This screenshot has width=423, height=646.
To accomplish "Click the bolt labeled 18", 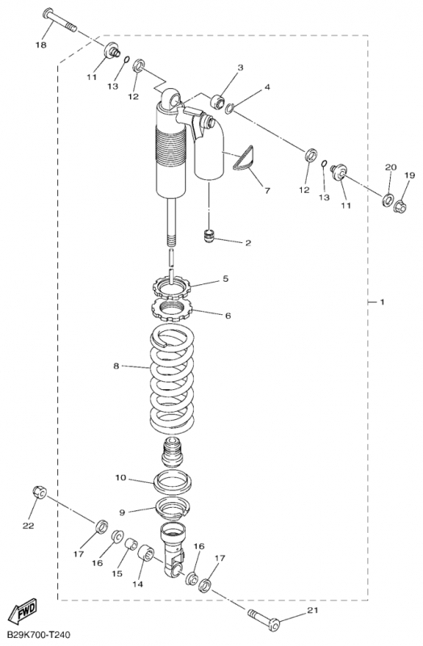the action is (60, 19).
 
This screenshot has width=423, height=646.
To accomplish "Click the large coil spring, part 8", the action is (171, 377).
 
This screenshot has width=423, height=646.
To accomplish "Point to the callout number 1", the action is (382, 302).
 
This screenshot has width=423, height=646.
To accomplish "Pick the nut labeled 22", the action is (40, 493).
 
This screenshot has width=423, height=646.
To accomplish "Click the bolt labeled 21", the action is (263, 619).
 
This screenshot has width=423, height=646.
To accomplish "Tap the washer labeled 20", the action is (387, 199).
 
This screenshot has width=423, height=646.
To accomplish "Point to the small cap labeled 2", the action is (211, 237).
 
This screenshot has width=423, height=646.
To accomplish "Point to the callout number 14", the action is (137, 584).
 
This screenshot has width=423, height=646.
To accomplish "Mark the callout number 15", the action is (117, 573).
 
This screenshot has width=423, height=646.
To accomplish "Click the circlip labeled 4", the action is (230, 108).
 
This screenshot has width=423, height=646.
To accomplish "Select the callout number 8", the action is (116, 366).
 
